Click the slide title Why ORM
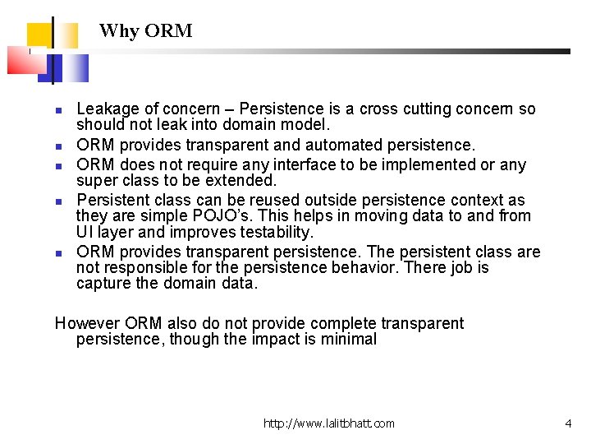tap(145, 31)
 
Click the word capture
tap(103, 284)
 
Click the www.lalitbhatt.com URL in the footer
tap(328, 423)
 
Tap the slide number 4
tap(568, 423)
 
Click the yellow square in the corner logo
tap(41, 35)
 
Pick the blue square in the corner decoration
tap(71, 67)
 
